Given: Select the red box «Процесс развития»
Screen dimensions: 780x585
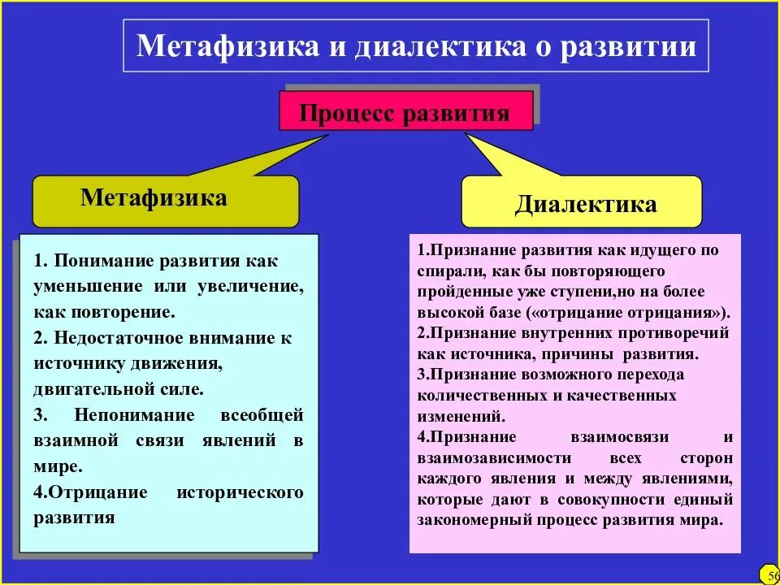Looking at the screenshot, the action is coord(405,112).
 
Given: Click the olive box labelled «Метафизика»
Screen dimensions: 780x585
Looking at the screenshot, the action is coord(154,198).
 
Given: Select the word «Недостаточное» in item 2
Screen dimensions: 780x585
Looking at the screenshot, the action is coord(114,338).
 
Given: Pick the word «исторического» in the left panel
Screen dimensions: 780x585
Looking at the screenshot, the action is coord(240,492).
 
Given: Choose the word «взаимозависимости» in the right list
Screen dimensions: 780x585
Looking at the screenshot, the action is coord(487,458).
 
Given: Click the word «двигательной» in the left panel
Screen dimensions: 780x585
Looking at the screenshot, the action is coord(84,389).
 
